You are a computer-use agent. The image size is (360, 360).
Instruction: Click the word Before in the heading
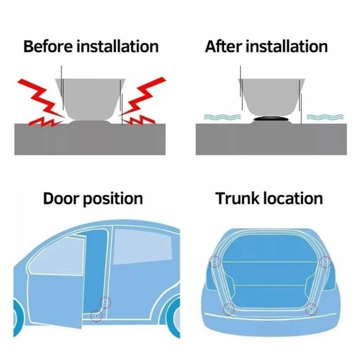pyautogui.click(x=48, y=46)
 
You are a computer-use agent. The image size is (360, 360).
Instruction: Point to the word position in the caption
pyautogui.click(x=113, y=199)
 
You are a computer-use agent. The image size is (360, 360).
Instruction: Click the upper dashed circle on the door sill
pyautogui.click(x=105, y=302)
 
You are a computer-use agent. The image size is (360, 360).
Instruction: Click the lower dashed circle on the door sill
pyautogui.click(x=96, y=316)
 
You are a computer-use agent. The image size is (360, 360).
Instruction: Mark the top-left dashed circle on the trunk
pyautogui.click(x=214, y=262)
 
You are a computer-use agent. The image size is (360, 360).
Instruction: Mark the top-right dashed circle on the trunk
pyautogui.click(x=325, y=262)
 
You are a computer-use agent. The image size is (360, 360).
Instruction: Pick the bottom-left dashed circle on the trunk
pyautogui.click(x=229, y=309)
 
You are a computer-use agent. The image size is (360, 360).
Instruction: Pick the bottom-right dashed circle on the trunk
pyautogui.click(x=311, y=309)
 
